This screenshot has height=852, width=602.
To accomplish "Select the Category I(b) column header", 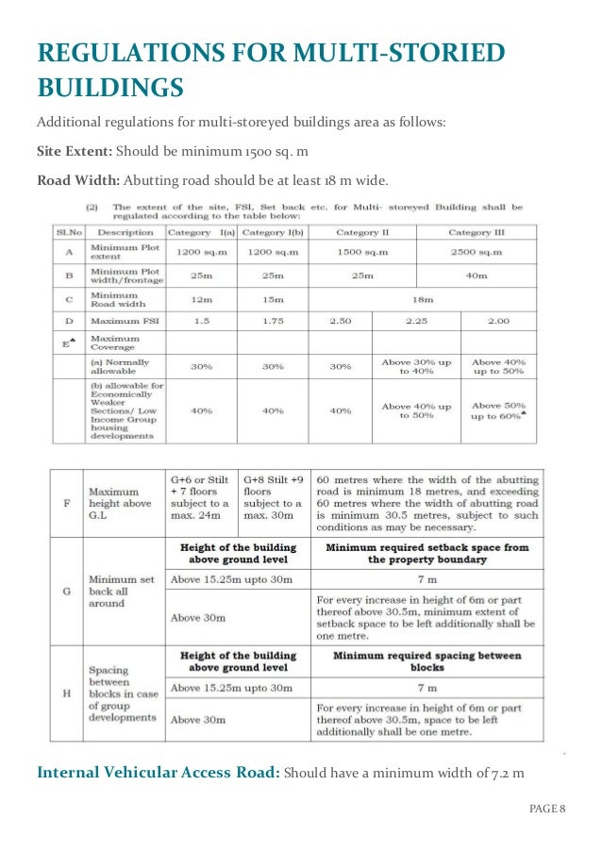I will [x=273, y=232].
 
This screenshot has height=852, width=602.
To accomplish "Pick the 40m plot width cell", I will [x=477, y=276].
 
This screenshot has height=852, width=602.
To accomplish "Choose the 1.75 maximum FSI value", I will [x=273, y=321].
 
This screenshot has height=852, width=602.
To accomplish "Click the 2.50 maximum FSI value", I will [x=341, y=321].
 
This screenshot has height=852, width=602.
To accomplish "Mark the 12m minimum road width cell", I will [x=201, y=299].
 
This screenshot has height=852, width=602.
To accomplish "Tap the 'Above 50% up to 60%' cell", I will [x=498, y=410].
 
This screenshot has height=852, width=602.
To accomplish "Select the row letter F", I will [x=65, y=501].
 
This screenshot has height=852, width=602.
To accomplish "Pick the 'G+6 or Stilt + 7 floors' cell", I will [x=199, y=491].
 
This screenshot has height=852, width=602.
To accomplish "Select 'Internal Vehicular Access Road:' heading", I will [x=158, y=773].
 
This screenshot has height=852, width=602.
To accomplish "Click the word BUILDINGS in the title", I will [x=109, y=88].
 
